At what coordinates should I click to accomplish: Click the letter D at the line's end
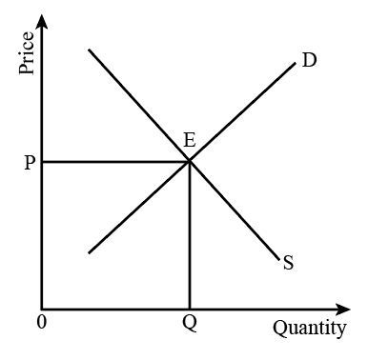coord(309,60)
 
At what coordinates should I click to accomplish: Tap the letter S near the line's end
coord(288,263)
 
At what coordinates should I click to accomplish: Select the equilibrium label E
coord(190,140)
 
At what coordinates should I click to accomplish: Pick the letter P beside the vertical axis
coord(30,163)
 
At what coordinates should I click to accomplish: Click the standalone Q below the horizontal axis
coord(190,324)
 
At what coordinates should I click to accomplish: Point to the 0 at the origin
coord(42,322)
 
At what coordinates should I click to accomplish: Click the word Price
coord(27,52)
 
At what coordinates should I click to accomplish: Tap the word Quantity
coord(310,328)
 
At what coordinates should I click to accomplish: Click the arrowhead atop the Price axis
coord(41,22)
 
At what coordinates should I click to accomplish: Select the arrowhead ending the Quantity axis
coord(342,310)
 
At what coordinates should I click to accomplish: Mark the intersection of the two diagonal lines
coord(190,161)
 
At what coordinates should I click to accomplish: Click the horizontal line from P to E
coord(115,162)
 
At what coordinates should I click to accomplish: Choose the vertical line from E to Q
coord(190,235)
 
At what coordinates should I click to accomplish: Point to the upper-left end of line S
coord(90,50)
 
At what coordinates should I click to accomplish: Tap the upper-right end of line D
coord(296,64)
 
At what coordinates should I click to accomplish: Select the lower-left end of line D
coord(89,253)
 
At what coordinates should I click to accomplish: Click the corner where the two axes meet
coord(42,310)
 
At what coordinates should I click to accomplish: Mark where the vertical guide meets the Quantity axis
coord(190,310)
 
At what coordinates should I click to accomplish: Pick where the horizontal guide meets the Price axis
coord(42,162)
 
